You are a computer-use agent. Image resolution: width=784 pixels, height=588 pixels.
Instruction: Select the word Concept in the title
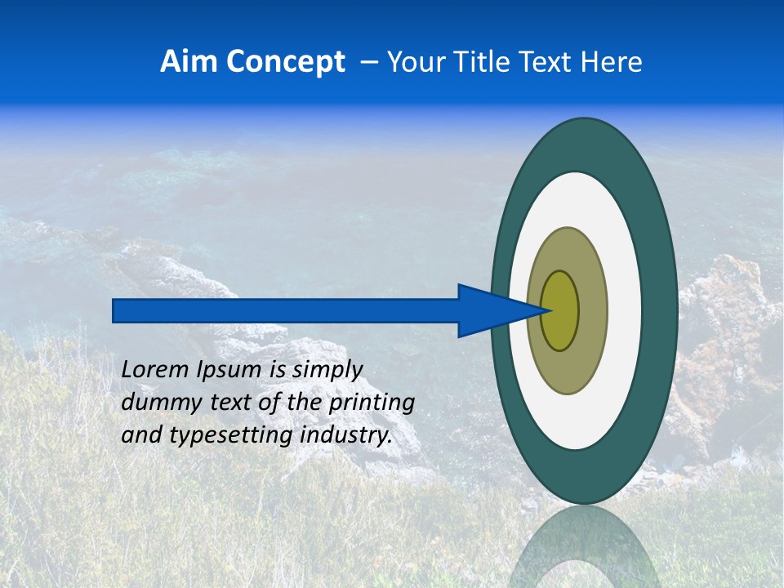[285, 62]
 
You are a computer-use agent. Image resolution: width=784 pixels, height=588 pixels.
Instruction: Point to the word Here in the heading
[612, 62]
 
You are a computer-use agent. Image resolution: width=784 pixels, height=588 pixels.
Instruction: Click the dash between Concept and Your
[368, 62]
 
